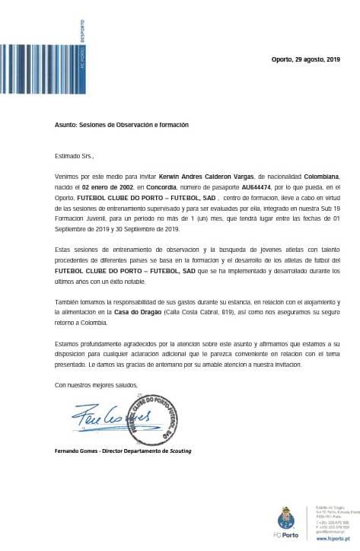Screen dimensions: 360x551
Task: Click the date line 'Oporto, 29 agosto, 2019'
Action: pyautogui.click(x=305, y=59)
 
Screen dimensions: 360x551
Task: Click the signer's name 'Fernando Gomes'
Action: pyautogui.click(x=76, y=451)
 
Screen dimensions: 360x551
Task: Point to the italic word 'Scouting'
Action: pyautogui.click(x=180, y=451)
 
